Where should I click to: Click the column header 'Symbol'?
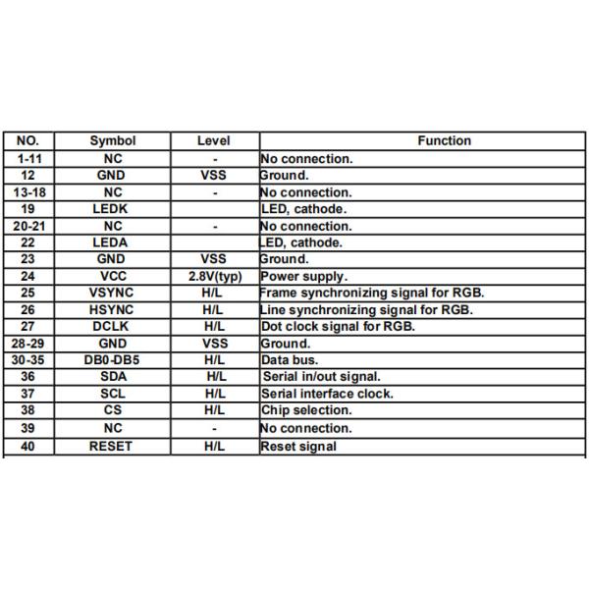[113, 141]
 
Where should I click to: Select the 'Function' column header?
[444, 141]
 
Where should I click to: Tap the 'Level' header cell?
[214, 141]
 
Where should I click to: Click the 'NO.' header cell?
[28, 141]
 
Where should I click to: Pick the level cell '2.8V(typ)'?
[214, 277]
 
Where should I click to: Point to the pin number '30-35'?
[28, 360]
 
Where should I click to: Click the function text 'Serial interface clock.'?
[327, 394]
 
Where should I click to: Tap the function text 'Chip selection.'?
[305, 410]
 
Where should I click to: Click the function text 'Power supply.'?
[303, 277]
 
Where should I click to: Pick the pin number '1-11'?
[28, 158]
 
